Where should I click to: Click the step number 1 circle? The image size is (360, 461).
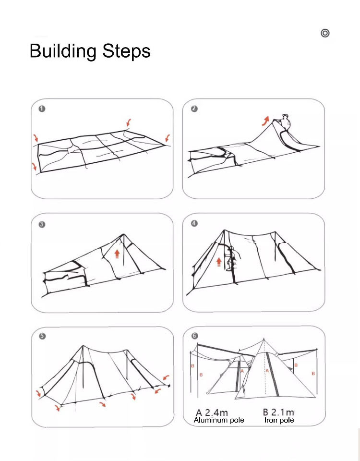click(42, 109)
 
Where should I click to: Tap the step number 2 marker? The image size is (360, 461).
click(194, 109)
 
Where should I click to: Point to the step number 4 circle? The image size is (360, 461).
click(194, 223)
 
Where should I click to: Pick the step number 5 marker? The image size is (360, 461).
click(42, 337)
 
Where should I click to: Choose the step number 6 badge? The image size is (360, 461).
click(194, 337)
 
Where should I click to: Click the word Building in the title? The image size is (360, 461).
click(63, 51)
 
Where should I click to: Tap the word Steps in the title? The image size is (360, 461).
click(126, 51)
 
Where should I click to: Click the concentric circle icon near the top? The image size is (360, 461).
click(325, 33)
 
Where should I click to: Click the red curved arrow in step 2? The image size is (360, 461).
click(265, 120)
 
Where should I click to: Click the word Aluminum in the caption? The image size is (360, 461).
click(209, 420)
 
